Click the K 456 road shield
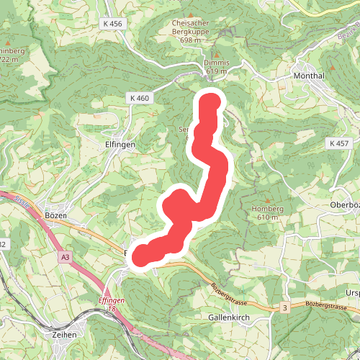(113, 24)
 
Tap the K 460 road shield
(140, 97)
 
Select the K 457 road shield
(338, 143)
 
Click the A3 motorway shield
(66, 256)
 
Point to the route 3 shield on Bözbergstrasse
(285, 307)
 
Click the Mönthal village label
(310, 75)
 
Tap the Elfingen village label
(120, 144)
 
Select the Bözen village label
(55, 215)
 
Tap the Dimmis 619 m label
(217, 67)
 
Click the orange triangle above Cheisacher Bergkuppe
(190, 14)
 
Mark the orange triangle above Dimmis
(217, 53)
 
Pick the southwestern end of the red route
(143, 254)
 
